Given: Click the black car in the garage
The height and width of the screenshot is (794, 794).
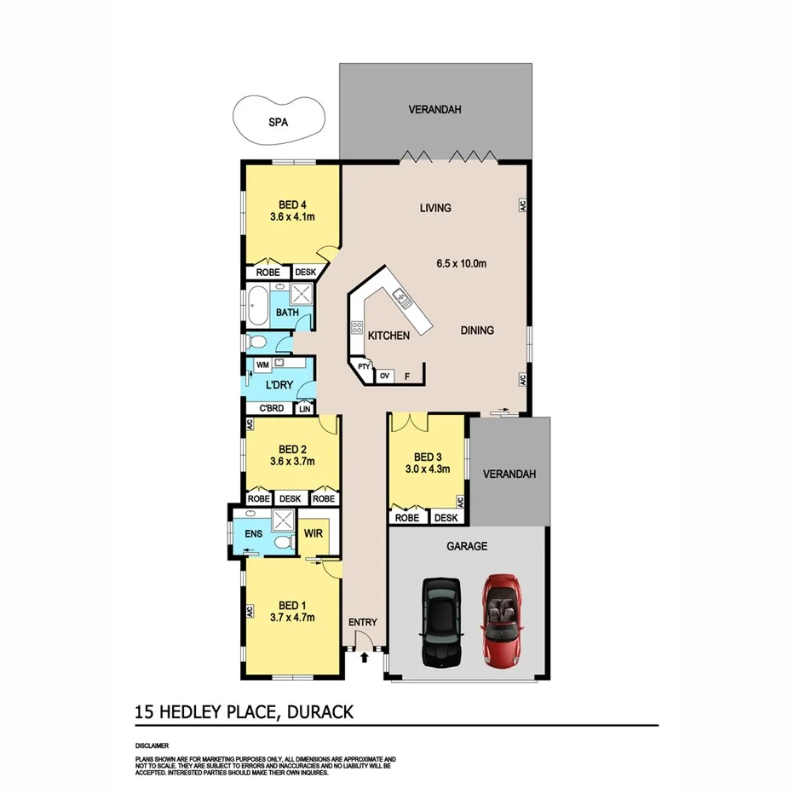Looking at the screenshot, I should coord(441,623).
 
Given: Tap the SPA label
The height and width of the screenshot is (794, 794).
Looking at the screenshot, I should coord(279,122).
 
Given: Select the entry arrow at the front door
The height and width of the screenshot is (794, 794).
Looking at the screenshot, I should coord(365,657).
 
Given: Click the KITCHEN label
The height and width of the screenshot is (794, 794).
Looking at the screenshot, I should coord(388,336).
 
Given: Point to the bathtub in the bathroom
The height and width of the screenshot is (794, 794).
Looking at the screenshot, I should coord(258,300).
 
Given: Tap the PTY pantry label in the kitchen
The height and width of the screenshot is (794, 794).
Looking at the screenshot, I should coord(364,367).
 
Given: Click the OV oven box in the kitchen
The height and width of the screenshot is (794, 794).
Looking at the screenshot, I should coord(385,375).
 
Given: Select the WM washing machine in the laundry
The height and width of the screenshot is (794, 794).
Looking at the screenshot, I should coord(262,365).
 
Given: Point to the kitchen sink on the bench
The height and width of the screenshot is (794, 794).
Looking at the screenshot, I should coord(402,297).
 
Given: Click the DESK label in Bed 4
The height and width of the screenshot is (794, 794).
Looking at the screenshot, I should coord(305,273).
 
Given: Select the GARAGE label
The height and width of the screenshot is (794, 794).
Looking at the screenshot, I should coord(469,546).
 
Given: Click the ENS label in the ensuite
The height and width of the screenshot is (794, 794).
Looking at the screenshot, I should coord(253,534).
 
